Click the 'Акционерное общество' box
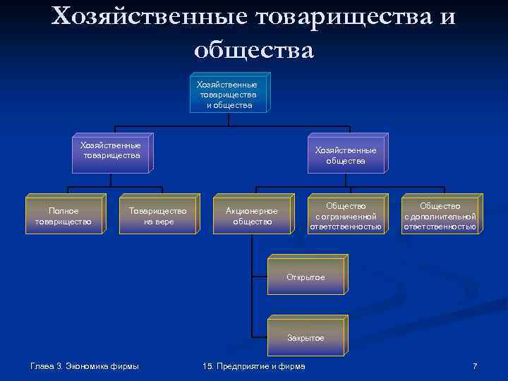(x=251, y=215)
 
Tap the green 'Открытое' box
(x=306, y=277)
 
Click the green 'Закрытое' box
(x=306, y=337)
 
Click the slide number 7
(x=475, y=366)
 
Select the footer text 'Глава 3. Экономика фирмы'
(x=85, y=366)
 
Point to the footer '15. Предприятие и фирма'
(x=253, y=366)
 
